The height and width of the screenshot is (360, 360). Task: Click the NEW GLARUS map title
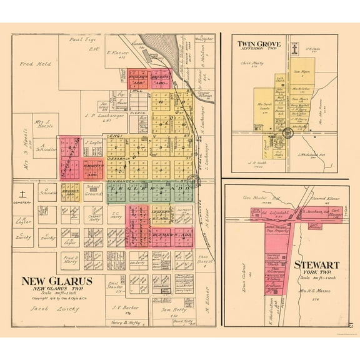(57, 281)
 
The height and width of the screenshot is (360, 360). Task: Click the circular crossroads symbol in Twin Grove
(287, 132)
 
